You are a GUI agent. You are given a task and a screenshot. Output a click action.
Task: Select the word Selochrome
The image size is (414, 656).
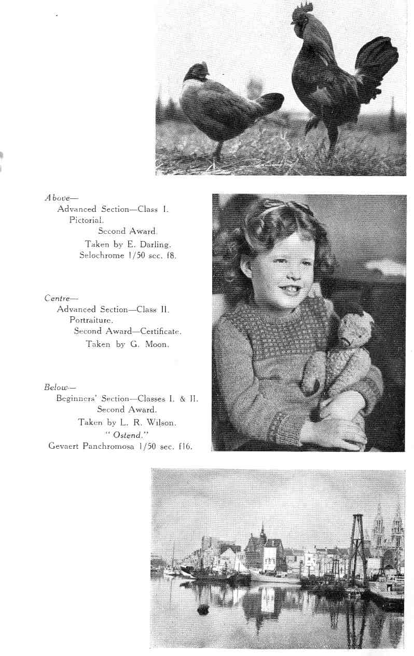pyautogui.click(x=101, y=255)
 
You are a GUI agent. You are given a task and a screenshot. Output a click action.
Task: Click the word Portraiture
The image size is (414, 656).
pyautogui.click(x=91, y=320)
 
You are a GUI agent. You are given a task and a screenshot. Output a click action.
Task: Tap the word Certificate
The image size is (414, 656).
pyautogui.click(x=159, y=331)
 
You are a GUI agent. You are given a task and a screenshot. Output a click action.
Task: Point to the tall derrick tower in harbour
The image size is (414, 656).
pyautogui.click(x=356, y=545)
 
